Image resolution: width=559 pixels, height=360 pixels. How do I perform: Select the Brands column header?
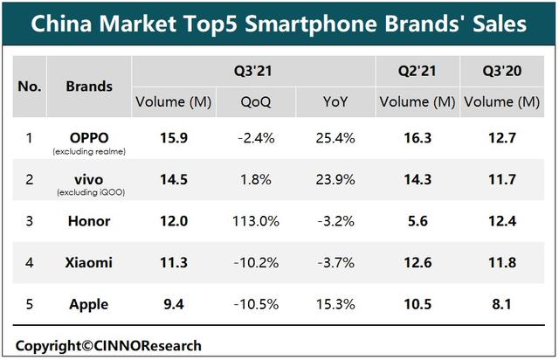[89, 86]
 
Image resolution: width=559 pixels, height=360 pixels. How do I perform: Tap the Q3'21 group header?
[253, 69]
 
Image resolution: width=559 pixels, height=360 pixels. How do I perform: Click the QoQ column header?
[256, 102]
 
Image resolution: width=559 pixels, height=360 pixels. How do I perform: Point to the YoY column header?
[335, 102]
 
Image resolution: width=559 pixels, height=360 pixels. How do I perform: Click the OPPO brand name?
[89, 137]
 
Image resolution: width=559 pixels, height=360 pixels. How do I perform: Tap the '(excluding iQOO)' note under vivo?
[89, 193]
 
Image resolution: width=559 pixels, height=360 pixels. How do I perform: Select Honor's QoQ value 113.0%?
[256, 221]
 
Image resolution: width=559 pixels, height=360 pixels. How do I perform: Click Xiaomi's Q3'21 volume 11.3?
[173, 263]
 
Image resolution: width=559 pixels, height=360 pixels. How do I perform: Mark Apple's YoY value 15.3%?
[335, 305]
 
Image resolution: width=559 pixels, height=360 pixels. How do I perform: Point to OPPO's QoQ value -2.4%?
[256, 137]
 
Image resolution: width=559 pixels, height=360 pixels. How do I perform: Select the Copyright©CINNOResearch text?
[108, 344]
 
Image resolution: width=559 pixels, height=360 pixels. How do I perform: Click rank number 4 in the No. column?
[29, 263]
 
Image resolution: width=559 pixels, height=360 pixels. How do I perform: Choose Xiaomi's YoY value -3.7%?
[335, 263]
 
